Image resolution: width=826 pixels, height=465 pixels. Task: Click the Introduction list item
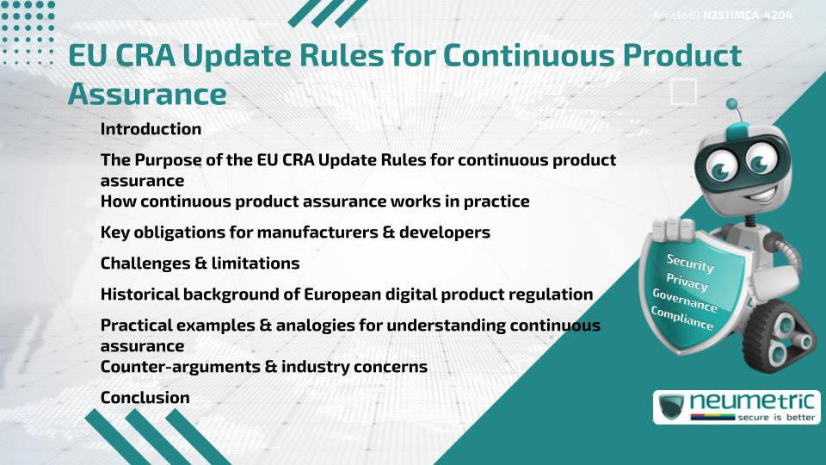pyautogui.click(x=151, y=129)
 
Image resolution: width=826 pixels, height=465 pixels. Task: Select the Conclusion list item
pyautogui.click(x=145, y=398)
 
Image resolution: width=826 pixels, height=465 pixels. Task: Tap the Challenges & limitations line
pyautogui.click(x=200, y=263)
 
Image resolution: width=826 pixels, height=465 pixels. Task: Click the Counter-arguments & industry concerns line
pyautogui.click(x=263, y=367)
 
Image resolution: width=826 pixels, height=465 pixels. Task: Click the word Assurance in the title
pyautogui.click(x=147, y=93)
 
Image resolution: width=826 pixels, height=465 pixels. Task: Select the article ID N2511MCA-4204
pyautogui.click(x=747, y=15)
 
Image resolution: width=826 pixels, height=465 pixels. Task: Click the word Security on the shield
pyautogui.click(x=690, y=263)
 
